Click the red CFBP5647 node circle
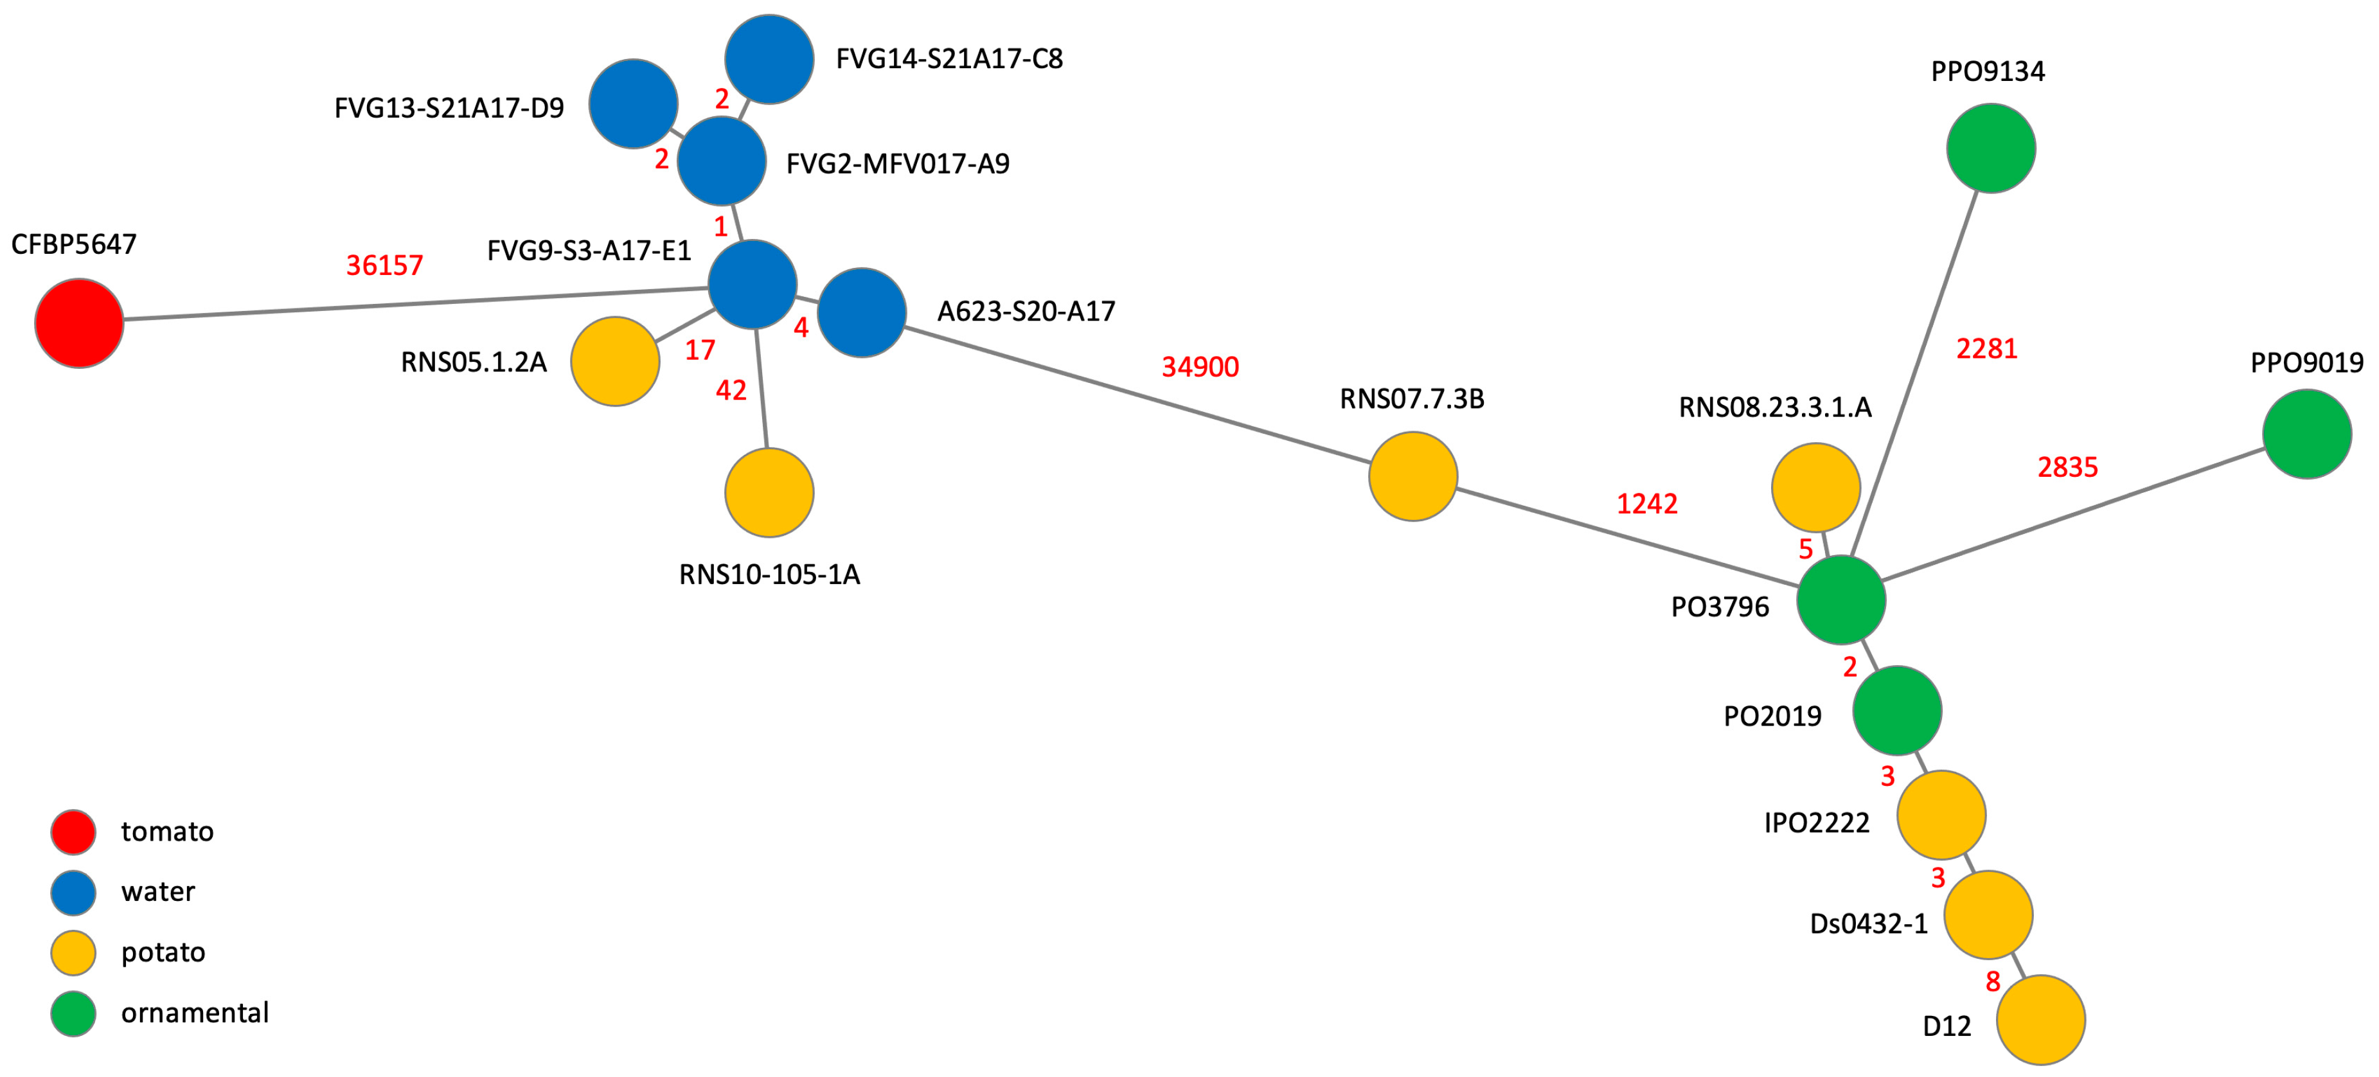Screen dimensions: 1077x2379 tap(80, 323)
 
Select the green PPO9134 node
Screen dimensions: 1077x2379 tap(1990, 148)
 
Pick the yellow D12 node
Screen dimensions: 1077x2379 tap(2040, 1020)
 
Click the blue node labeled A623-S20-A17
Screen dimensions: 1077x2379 tap(862, 312)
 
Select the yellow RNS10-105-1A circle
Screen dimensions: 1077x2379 tap(769, 492)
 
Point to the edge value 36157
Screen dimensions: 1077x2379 tap(384, 266)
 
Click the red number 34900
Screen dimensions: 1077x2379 tap(1200, 367)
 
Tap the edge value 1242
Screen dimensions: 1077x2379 tap(1646, 503)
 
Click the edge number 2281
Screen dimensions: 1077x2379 tap(1986, 349)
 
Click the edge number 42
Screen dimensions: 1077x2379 tap(731, 391)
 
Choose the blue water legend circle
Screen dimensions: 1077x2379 tap(73, 893)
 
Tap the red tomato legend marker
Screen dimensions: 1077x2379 tap(73, 832)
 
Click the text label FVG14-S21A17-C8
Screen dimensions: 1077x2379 tap(949, 59)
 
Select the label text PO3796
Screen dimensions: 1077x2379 tap(1720, 607)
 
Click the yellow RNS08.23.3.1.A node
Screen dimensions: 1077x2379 tap(1815, 488)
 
